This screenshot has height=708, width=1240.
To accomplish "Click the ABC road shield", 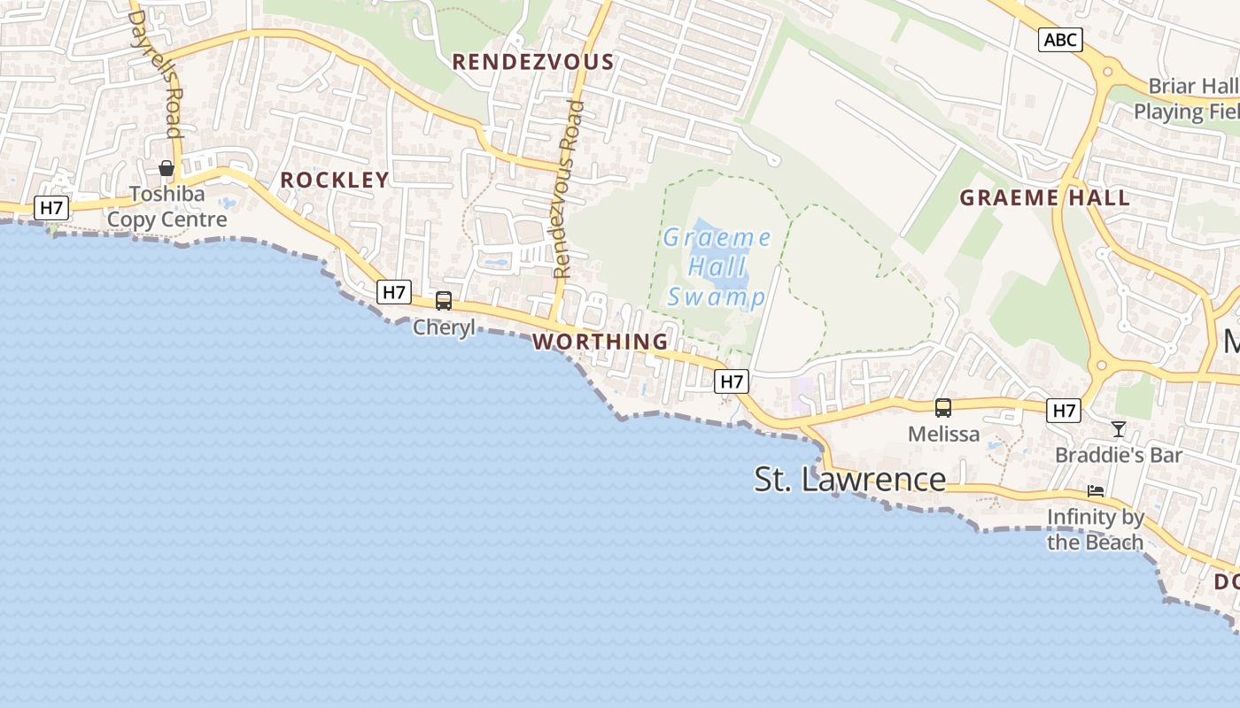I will pos(1060,39).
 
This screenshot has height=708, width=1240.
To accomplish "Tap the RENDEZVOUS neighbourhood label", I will pos(532,62).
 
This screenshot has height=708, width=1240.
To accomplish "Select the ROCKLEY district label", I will pos(335,180).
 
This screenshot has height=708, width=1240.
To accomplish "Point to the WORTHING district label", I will pos(601,341).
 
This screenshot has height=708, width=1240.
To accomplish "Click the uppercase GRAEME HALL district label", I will pos(1045,197).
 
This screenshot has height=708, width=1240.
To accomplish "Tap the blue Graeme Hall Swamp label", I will pos(717,266).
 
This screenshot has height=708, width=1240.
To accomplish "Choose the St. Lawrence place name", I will pos(850,479).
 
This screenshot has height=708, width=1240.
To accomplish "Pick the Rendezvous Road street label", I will pos(569,189).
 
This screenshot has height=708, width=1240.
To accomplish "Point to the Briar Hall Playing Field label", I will pos(1187,99).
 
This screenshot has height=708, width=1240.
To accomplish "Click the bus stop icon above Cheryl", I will pos(444,301).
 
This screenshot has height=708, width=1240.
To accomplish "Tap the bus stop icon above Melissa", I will pos(943,408).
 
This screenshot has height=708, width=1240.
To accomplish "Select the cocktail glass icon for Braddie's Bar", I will pos(1119,429).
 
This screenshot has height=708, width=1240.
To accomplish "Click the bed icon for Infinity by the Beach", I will pos(1096,491).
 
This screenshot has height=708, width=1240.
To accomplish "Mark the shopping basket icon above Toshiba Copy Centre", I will pos(166,168).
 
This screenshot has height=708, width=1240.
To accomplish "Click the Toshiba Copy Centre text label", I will pos(167,206).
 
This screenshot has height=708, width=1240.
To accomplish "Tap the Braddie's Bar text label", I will pos(1119,455).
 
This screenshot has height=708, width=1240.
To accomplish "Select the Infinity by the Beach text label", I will pos(1096,528).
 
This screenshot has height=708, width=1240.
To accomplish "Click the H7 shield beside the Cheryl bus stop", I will pos(394,292).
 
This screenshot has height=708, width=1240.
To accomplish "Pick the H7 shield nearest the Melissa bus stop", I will pos(1064,411).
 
